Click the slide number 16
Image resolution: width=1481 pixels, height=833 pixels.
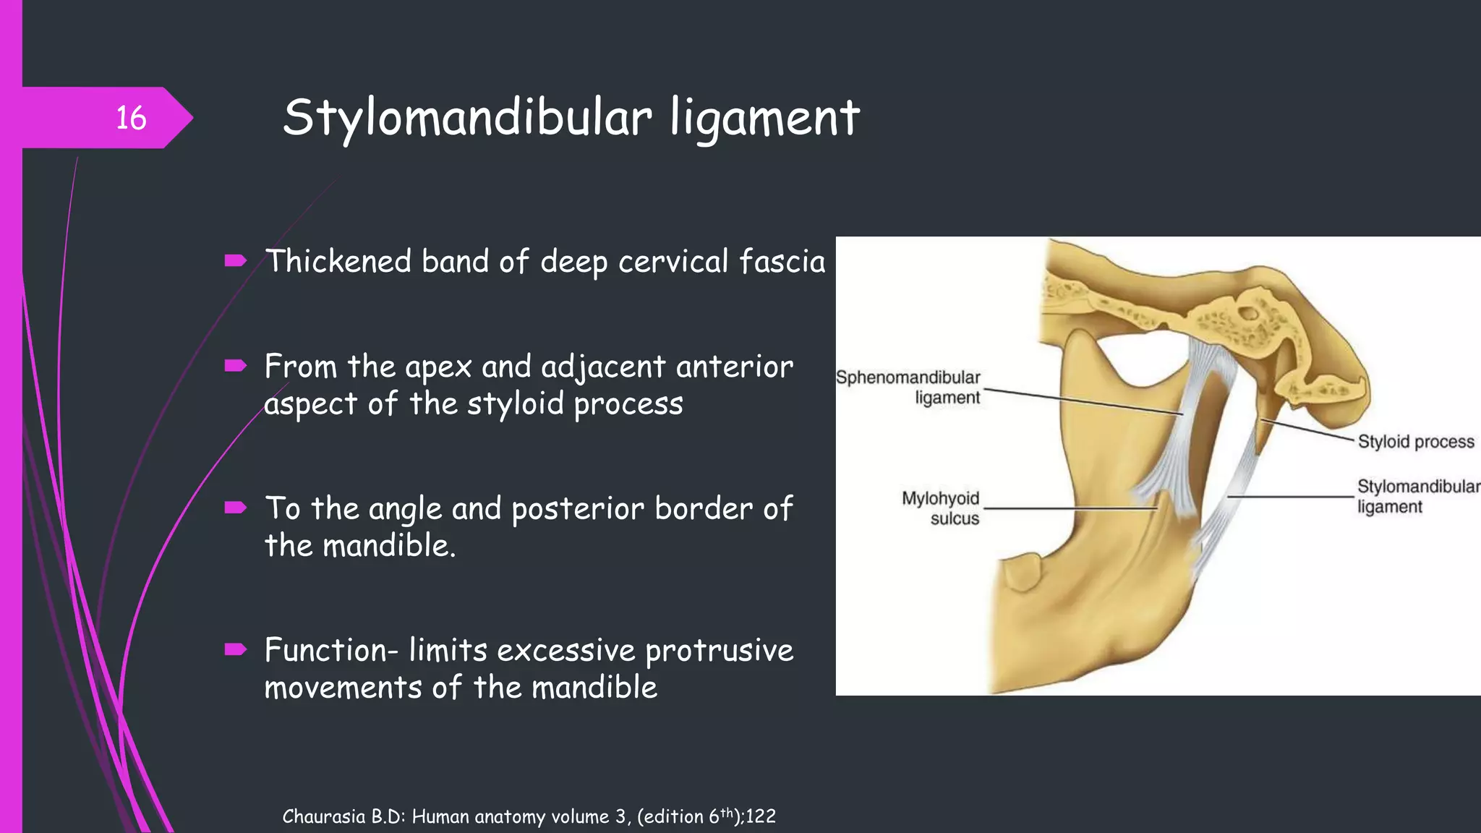click(x=131, y=118)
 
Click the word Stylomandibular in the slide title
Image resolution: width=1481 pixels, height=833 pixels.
click(x=467, y=118)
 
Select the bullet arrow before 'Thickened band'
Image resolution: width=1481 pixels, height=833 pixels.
click(x=236, y=261)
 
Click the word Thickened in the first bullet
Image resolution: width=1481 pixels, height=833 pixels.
click(x=338, y=261)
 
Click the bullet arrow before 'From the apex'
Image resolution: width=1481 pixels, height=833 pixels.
click(x=236, y=366)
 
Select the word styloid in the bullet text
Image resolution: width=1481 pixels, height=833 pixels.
click(x=515, y=403)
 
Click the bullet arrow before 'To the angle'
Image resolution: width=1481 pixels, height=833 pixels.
click(x=236, y=508)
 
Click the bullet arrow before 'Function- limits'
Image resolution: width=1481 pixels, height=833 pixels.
click(x=236, y=649)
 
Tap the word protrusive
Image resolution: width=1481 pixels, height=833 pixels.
click(x=719, y=651)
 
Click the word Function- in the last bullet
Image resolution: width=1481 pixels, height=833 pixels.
click(x=331, y=649)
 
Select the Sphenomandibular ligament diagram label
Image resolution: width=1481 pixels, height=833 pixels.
click(x=908, y=388)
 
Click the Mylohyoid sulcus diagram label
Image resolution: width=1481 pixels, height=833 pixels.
click(x=941, y=508)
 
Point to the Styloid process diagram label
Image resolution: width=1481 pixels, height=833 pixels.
click(x=1415, y=442)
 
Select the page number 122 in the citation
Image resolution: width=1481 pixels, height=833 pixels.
click(x=761, y=816)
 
